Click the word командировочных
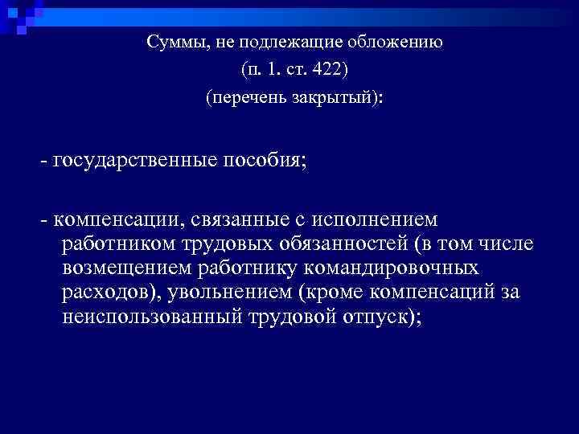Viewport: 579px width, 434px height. coord(394,268)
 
